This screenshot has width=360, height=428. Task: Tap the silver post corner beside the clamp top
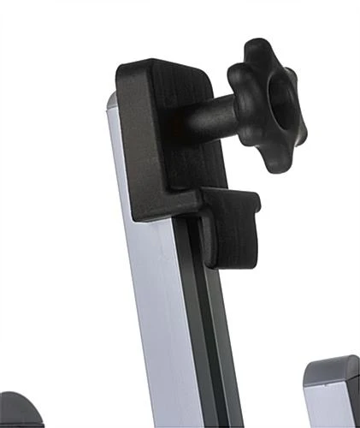click(x=111, y=100)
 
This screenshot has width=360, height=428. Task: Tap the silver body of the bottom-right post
click(x=329, y=407)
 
